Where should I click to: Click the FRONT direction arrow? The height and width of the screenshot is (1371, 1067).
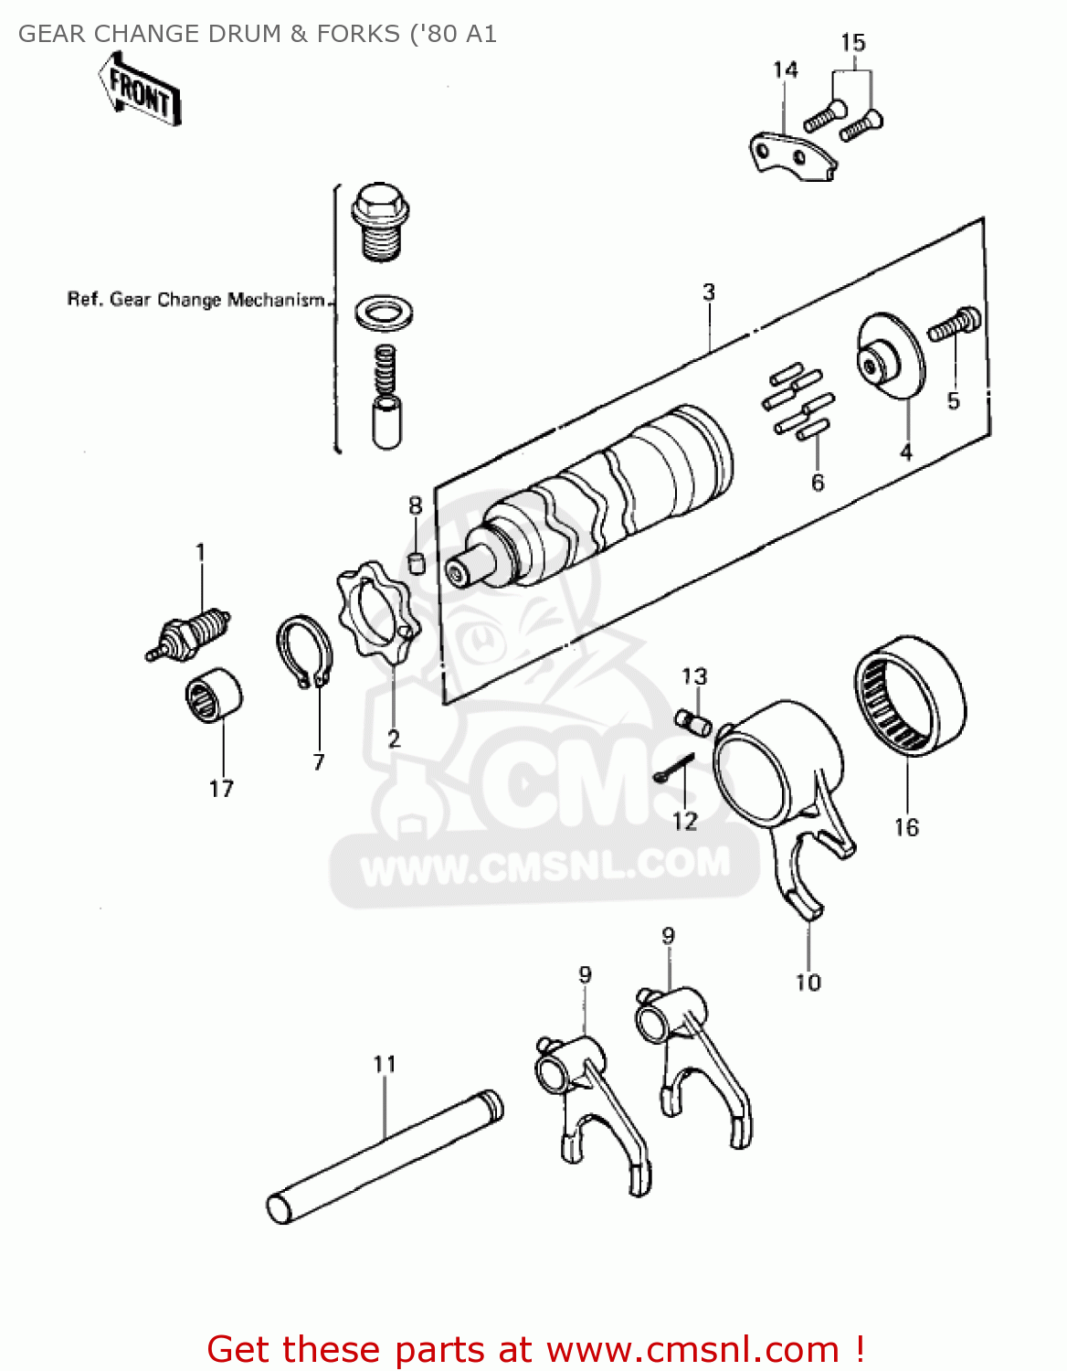(140, 90)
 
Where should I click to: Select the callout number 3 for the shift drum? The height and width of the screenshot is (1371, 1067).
(709, 292)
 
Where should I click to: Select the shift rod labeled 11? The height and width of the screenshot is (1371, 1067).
(385, 1155)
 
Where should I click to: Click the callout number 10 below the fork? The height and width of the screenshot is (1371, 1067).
(808, 983)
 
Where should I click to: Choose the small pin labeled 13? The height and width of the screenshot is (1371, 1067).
(694, 721)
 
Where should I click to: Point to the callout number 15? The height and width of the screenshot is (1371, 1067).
(852, 43)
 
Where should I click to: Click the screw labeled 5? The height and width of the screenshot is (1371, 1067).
(954, 325)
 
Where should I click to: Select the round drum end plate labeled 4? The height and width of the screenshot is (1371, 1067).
(890, 357)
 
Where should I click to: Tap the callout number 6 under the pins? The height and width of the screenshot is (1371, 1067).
(818, 482)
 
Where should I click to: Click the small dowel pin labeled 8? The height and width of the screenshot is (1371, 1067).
(416, 561)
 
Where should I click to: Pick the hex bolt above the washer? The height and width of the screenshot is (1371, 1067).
(378, 220)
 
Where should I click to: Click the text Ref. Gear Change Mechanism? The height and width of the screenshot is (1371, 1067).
(196, 300)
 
